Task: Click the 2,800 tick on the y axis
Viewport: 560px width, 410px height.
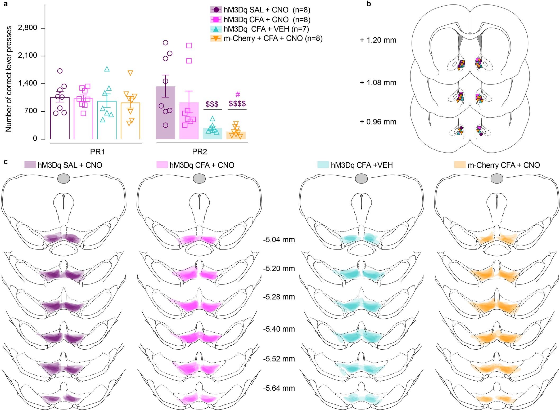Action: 27,28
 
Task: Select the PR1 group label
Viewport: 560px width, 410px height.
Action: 97,152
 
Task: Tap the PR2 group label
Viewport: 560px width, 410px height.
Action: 199,152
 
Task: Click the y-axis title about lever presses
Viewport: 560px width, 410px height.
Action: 9,79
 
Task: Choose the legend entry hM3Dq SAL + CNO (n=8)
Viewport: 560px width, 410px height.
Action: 267,10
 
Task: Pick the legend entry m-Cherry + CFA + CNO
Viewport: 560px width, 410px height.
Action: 273,38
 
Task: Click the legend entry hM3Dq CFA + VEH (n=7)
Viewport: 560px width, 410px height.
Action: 266,29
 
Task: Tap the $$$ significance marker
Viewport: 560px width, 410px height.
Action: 212,104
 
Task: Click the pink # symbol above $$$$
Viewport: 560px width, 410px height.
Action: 237,95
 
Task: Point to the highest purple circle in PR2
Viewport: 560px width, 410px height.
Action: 165,43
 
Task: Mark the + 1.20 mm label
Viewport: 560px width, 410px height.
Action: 378,40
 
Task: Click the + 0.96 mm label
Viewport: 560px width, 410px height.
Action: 378,122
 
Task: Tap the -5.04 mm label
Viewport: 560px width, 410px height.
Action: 279,240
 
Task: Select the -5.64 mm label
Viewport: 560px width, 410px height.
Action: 279,389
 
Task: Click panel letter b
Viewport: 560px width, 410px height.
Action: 369,4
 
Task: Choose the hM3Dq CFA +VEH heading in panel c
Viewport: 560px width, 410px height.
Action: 362,165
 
